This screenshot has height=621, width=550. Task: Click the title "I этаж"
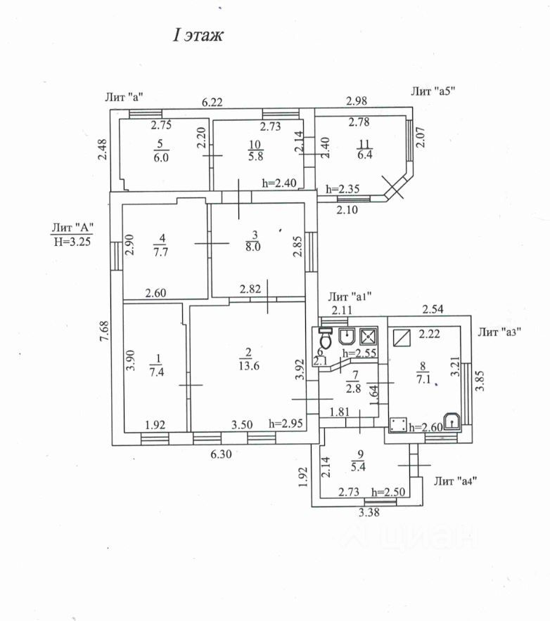[x=198, y=35]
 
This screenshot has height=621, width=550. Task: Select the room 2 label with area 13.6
[x=249, y=359]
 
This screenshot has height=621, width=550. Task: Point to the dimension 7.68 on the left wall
[x=104, y=331]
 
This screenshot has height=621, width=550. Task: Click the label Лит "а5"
[x=433, y=91]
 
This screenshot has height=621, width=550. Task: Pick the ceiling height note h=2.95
[x=286, y=424]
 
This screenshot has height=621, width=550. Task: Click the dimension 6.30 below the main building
[x=221, y=454]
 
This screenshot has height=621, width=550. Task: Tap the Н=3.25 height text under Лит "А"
[x=72, y=241]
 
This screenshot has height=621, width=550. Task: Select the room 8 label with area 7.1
[x=423, y=373]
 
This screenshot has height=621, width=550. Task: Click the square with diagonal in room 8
[x=402, y=338]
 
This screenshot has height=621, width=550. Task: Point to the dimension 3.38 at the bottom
[x=369, y=513]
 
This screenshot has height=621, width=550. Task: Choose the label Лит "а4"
[x=455, y=481]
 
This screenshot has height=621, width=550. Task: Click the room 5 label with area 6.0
[x=161, y=151]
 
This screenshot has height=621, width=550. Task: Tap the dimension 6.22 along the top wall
[x=212, y=102]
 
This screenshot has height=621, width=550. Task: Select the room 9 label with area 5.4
[x=358, y=461]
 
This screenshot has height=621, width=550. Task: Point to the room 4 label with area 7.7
[x=160, y=246]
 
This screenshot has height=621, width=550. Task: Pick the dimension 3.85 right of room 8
[x=480, y=381]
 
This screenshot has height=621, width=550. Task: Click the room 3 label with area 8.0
[x=253, y=241]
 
